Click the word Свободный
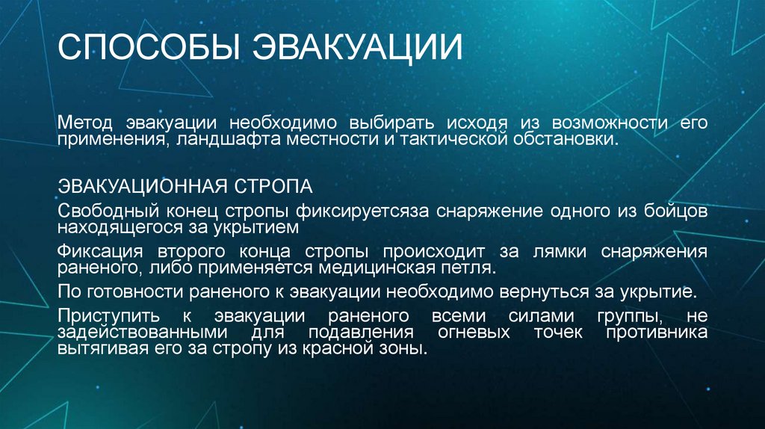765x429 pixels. coord(108,210)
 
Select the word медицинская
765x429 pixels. coord(363,267)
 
